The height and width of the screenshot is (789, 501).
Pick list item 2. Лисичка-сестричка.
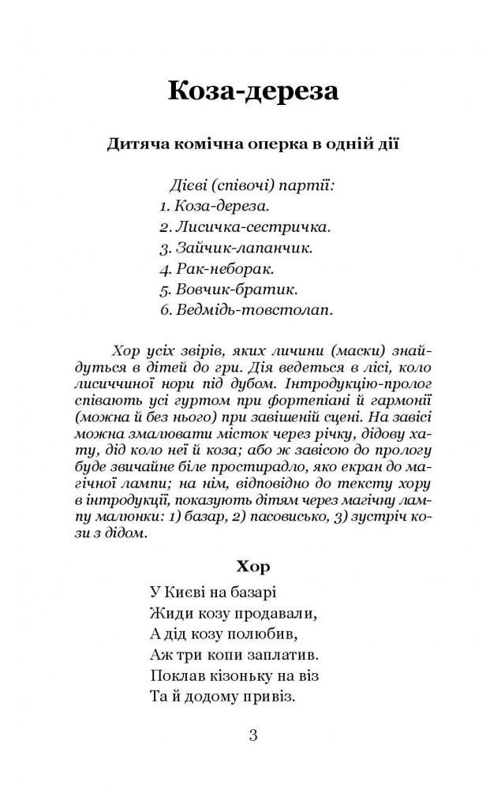point(244,227)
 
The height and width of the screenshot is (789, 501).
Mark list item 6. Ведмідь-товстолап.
point(245,309)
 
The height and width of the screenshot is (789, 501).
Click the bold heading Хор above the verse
point(252,566)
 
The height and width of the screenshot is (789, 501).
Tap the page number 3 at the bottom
point(252,737)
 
